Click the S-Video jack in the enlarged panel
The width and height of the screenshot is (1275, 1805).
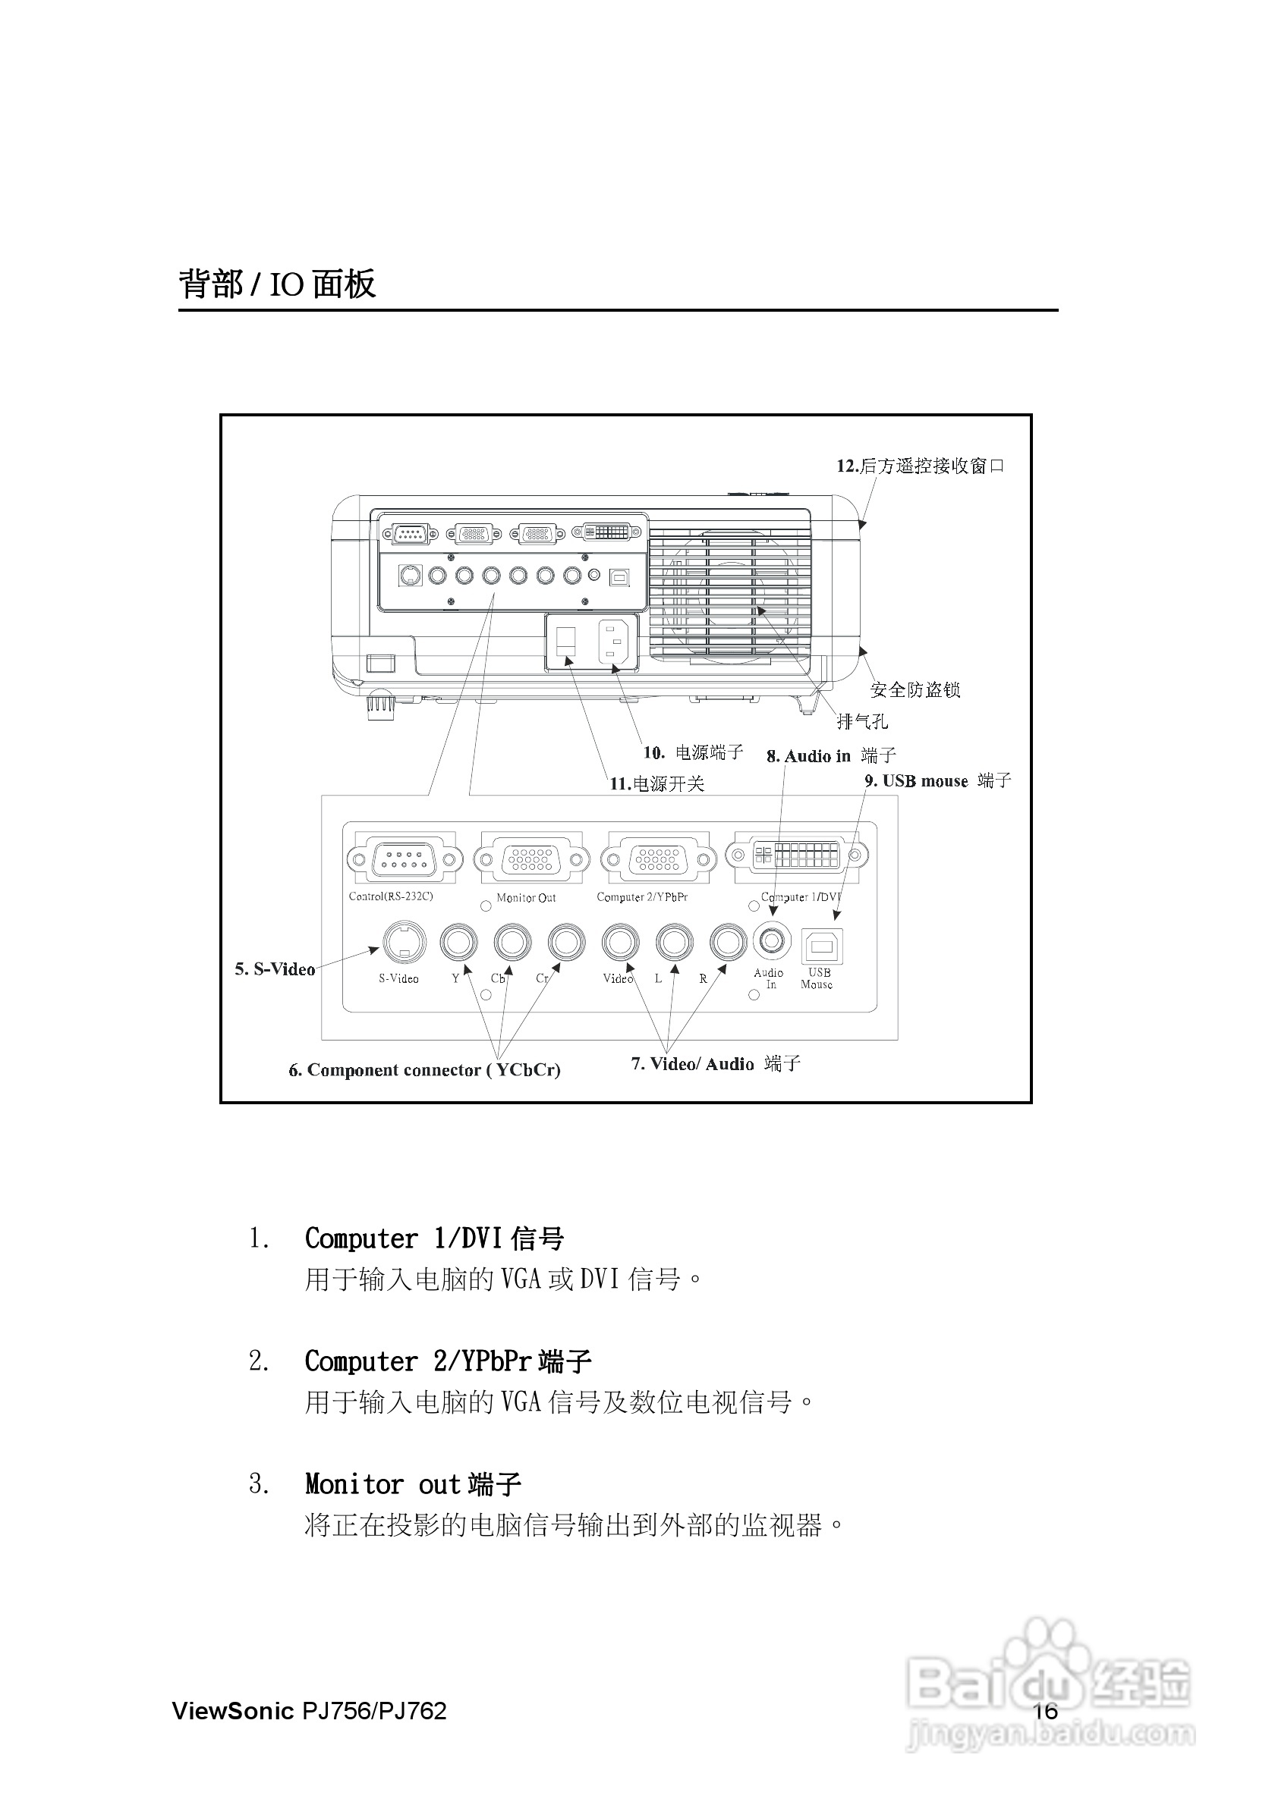(405, 942)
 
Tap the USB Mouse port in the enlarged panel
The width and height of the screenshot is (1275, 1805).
(821, 946)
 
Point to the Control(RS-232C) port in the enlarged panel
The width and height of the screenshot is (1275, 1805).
(405, 859)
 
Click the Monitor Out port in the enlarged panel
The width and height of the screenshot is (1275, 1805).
(532, 859)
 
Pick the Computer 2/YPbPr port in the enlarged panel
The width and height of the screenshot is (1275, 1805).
(658, 859)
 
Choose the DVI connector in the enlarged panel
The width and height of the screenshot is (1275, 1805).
(797, 855)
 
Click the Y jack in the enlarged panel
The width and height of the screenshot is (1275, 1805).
(458, 942)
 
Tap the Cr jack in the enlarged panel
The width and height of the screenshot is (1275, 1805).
(566, 942)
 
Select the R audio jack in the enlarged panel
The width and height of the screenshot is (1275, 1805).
(728, 942)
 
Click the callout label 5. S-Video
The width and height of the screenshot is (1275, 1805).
(275, 969)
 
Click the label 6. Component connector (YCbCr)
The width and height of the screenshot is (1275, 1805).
(425, 1070)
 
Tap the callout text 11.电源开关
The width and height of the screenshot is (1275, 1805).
(656, 783)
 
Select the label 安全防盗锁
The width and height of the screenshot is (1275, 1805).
(915, 690)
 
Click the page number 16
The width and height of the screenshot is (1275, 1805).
(1045, 1711)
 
